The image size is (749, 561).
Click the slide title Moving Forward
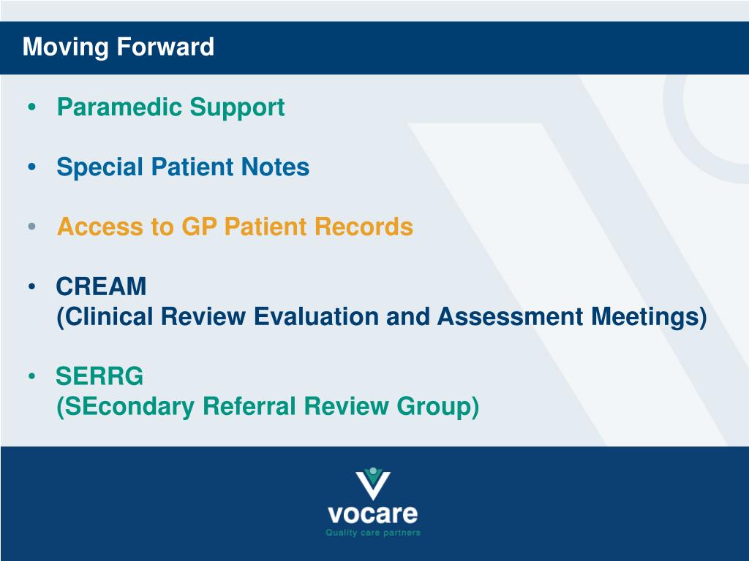[118, 47]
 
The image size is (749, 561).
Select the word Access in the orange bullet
[99, 226]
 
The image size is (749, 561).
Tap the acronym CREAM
[101, 286]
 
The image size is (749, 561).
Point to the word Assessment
[510, 316]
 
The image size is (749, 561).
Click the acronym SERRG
[99, 376]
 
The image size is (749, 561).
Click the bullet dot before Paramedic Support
[32, 107]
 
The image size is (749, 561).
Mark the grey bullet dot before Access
[32, 226]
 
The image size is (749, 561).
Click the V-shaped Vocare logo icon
[373, 484]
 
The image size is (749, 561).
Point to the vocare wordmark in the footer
[372, 514]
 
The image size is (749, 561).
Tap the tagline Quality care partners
[373, 533]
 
